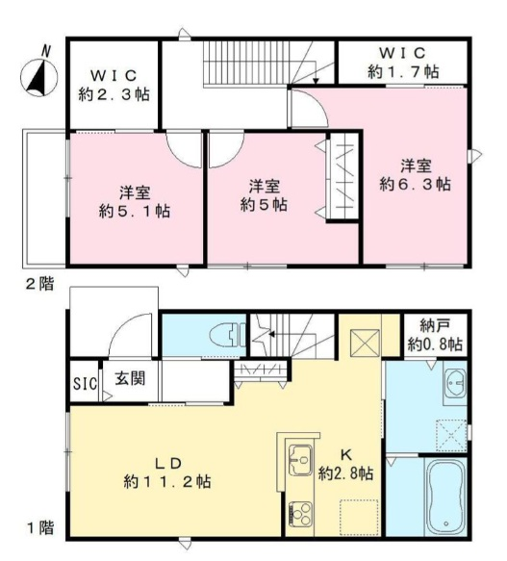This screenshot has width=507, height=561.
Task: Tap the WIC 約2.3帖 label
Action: click(x=114, y=85)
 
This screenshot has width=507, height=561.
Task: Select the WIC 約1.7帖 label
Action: click(x=403, y=63)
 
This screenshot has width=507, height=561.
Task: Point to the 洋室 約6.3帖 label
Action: click(x=415, y=175)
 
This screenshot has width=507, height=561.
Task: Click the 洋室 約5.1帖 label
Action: click(x=135, y=202)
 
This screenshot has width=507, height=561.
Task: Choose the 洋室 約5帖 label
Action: click(x=264, y=195)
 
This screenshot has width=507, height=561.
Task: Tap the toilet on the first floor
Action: click(x=228, y=335)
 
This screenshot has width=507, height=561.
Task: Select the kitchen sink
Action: click(x=300, y=460)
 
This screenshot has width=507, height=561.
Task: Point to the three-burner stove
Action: click(x=300, y=514)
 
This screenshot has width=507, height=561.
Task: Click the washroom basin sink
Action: click(x=455, y=384)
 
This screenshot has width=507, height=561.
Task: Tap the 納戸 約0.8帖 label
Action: click(x=435, y=336)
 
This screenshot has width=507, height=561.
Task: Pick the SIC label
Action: click(x=86, y=384)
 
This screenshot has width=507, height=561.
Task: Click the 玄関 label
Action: click(x=130, y=378)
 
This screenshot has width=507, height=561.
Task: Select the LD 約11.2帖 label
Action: click(x=167, y=472)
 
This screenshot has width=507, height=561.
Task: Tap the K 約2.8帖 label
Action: click(x=346, y=465)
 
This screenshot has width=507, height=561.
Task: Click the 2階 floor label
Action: click(x=39, y=284)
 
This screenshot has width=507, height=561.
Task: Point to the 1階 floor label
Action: click(x=40, y=528)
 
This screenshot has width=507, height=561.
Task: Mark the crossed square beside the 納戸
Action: click(x=365, y=344)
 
